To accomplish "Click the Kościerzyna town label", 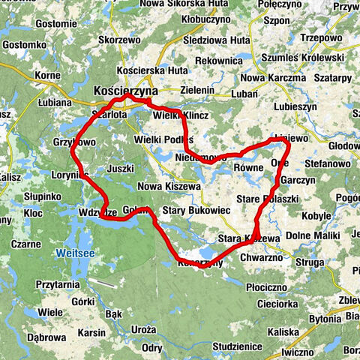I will coord(126,91).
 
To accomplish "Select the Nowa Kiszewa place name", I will coord(169,185).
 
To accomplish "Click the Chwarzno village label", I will coord(263,256).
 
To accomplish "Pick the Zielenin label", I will coord(196,89).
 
